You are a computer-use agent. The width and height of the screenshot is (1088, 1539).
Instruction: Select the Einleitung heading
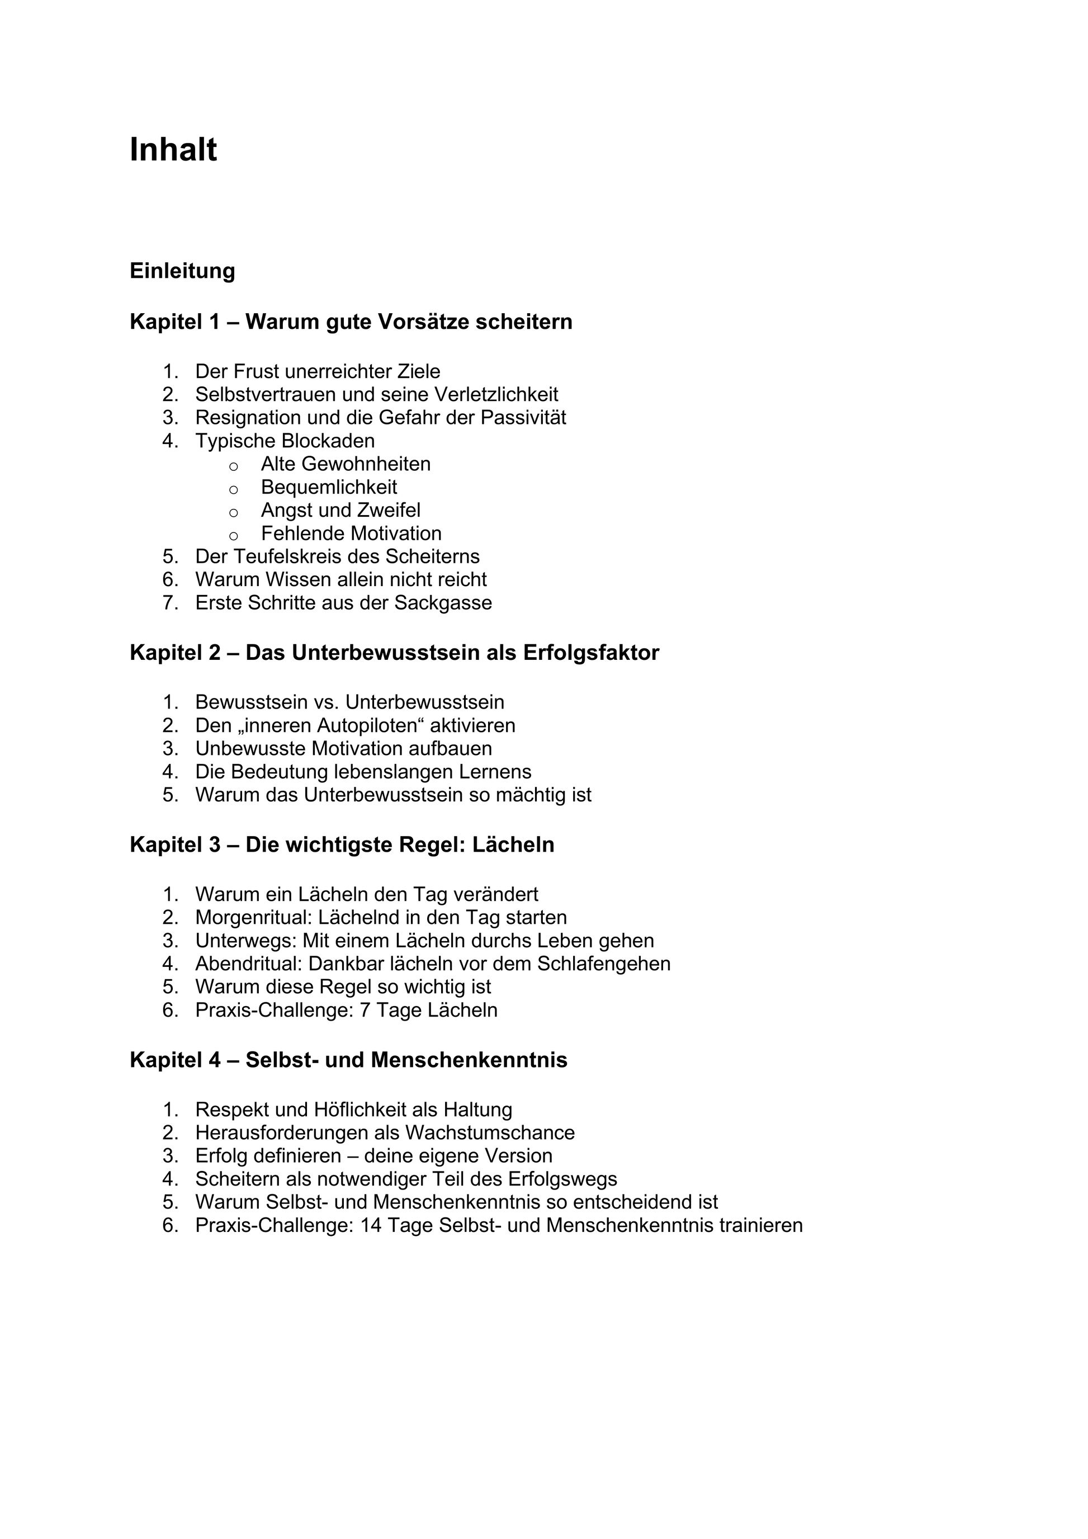pos(182,271)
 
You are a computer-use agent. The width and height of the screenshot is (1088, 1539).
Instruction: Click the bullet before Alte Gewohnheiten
pos(233,465)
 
